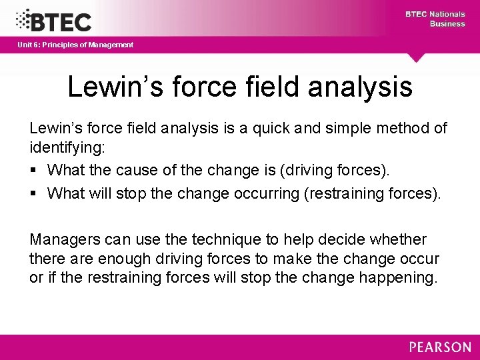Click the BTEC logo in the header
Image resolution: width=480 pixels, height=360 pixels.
pos(53,20)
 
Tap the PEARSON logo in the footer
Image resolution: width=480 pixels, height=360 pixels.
pos(440,347)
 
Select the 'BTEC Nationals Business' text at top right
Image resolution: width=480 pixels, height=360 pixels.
pos(435,19)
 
